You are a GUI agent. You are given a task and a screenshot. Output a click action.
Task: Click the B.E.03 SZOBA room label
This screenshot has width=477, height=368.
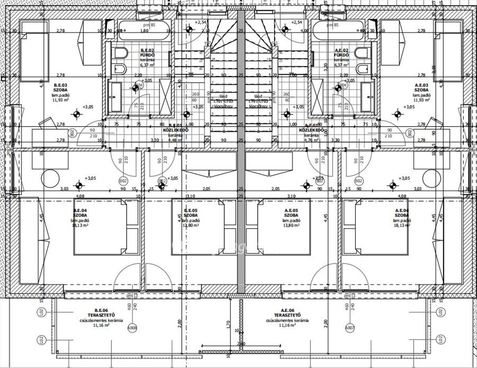[61, 88]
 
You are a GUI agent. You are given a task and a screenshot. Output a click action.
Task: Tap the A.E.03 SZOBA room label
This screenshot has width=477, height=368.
[421, 88]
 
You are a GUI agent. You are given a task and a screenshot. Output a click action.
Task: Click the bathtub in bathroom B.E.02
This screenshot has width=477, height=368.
[145, 30]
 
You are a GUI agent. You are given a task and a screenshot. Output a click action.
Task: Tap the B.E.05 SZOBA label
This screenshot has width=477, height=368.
[191, 213]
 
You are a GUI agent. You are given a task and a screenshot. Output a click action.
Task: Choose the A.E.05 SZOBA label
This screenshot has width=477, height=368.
[291, 213]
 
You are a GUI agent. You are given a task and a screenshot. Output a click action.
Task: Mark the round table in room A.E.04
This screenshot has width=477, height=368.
[431, 177]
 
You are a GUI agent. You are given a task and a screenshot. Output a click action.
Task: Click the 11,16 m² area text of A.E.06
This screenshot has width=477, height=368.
[287, 326]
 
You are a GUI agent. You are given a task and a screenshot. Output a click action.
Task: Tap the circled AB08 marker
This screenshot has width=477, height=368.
[132, 328]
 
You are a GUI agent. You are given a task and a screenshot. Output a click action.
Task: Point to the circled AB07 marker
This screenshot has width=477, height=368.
[349, 328]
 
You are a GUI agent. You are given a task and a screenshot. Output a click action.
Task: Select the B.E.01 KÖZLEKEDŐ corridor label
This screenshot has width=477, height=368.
[175, 130]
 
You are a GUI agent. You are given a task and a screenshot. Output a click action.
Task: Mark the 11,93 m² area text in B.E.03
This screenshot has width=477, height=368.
[62, 100]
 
